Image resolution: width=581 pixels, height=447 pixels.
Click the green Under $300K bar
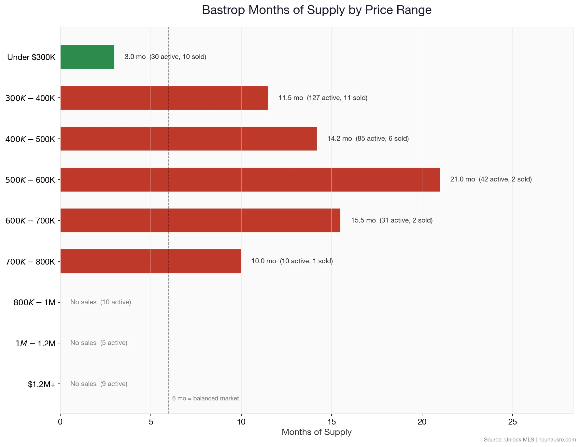[x=87, y=57]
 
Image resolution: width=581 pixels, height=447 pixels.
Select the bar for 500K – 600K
[x=250, y=180]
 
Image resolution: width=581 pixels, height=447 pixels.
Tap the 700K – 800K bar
[x=150, y=261]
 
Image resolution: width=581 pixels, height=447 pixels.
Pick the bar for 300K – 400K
[x=164, y=98]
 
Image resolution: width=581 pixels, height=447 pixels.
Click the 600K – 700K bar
[x=200, y=220]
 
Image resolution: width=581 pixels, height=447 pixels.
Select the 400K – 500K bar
[x=189, y=138]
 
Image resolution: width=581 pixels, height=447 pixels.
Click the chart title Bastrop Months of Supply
[x=317, y=10]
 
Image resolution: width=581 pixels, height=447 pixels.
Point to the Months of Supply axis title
[x=316, y=432]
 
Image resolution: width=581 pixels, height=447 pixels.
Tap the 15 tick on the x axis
[x=332, y=422]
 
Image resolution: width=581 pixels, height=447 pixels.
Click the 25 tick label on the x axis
[x=512, y=422]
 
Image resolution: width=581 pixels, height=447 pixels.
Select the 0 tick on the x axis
[x=60, y=422]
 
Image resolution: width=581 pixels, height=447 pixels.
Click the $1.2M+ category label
[x=42, y=384]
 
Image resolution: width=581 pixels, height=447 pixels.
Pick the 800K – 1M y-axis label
[x=35, y=303]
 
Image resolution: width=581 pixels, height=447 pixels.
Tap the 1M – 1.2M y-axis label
[x=35, y=343]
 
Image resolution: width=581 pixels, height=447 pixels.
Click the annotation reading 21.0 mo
[x=462, y=179]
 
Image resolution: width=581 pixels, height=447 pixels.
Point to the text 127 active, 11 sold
[x=337, y=98]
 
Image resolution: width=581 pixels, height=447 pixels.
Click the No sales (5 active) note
[x=99, y=343]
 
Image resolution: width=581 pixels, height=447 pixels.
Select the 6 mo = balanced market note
[x=205, y=398]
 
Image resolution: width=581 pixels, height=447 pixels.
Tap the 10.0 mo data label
[x=264, y=261]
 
